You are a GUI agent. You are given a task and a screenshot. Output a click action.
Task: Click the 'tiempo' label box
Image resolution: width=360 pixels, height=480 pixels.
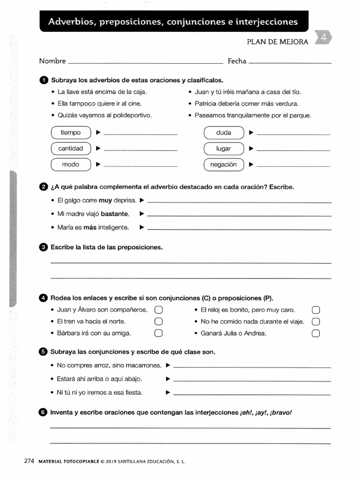pos(70,133)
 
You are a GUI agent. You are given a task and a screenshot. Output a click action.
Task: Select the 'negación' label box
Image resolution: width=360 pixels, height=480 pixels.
pos(224,165)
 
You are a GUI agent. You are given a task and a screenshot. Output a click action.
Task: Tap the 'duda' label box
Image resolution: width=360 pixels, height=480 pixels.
pos(224,133)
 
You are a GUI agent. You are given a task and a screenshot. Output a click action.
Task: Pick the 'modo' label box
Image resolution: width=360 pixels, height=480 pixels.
pos(70,165)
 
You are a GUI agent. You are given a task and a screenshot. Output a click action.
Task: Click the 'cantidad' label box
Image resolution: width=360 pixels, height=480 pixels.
pos(70,149)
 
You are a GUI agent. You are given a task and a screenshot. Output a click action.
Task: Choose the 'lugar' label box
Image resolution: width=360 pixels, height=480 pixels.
pos(224,149)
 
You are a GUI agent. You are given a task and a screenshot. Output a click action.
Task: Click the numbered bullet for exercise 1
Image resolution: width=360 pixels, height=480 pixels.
pos(44,80)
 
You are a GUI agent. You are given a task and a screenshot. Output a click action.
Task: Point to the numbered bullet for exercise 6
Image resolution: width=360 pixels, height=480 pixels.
pos(44,412)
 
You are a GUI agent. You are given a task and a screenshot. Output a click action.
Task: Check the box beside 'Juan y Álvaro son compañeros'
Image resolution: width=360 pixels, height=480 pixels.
pos(158,310)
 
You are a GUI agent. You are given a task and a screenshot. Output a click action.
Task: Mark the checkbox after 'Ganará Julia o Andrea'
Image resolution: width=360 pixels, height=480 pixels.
pos(315,334)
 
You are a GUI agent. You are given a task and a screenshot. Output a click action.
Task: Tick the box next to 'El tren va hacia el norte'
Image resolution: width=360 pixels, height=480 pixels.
pos(158,322)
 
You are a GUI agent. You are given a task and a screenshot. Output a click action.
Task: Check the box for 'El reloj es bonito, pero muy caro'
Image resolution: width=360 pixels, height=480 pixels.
pos(315,310)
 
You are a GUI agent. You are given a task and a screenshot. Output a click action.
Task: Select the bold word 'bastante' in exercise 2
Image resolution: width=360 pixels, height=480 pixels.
pos(115,214)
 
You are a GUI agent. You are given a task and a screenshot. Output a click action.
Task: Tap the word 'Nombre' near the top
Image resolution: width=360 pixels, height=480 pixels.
pos(52,61)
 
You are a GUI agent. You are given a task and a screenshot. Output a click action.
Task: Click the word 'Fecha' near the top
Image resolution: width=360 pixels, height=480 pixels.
pos(237,61)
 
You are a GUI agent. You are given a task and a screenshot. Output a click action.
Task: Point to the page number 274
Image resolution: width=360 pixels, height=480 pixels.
pos(30,461)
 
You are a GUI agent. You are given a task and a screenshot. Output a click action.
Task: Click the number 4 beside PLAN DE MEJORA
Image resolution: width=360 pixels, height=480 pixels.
pos(323,38)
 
